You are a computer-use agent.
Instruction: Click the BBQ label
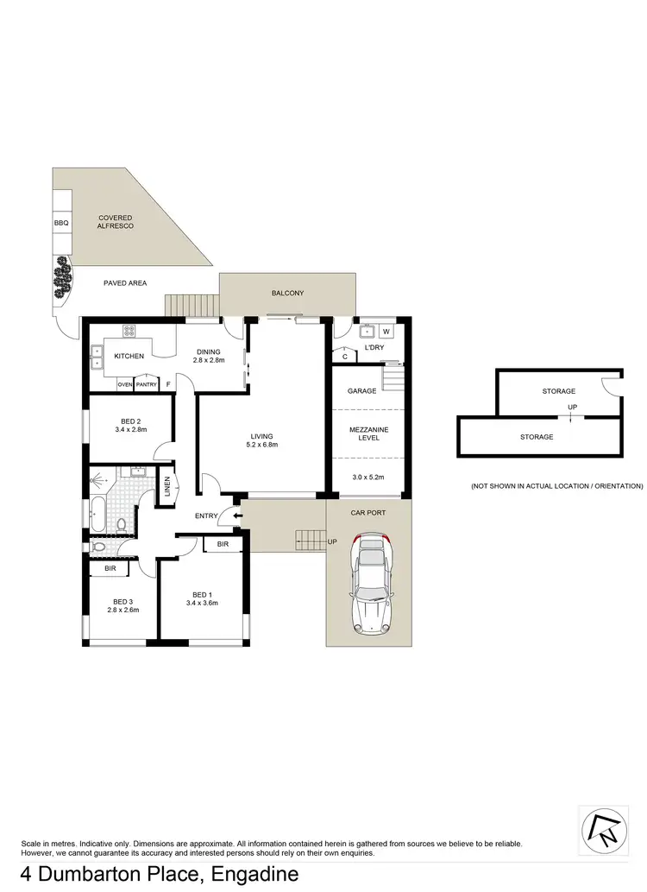[60, 223]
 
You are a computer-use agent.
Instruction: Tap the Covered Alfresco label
[115, 222]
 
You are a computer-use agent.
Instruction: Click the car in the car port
[368, 585]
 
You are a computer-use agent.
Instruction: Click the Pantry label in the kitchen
[146, 384]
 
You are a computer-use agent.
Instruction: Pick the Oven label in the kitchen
[124, 384]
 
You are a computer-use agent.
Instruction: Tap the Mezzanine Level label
[361, 432]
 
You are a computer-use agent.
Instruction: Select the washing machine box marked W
[386, 331]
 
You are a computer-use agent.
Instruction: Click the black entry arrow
[227, 516]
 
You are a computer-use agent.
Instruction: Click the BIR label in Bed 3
[110, 569]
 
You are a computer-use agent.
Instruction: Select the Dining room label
[208, 351]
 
